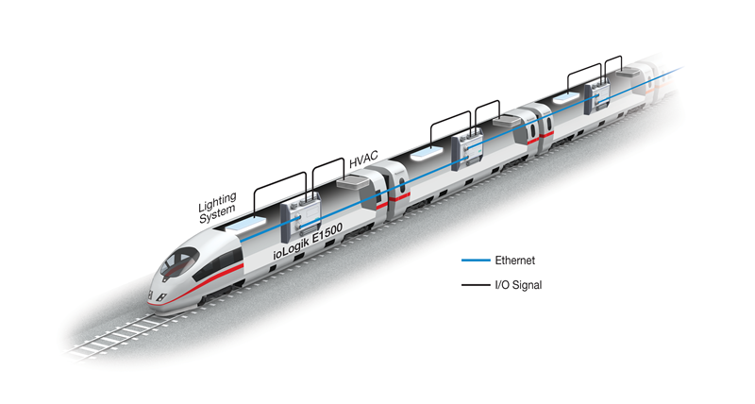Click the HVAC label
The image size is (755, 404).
tap(363, 159)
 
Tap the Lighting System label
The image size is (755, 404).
tap(217, 208)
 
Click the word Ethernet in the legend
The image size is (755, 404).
tap(514, 261)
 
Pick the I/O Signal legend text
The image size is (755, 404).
tap(518, 285)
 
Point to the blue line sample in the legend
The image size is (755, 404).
tap(476, 261)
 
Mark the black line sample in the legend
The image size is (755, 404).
tap(476, 285)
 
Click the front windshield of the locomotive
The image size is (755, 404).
tap(178, 262)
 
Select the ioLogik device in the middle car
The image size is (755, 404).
tap(467, 149)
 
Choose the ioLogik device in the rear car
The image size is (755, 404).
tap(597, 97)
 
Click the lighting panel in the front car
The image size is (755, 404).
tap(246, 225)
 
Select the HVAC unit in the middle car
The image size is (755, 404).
tap(507, 121)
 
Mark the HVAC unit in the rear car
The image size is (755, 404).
tap(628, 73)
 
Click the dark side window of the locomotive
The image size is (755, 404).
tap(219, 264)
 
